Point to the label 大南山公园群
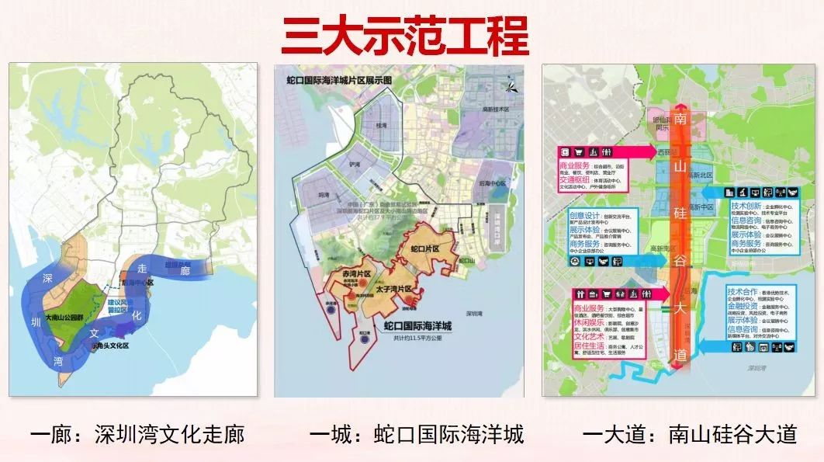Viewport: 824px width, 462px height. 67,318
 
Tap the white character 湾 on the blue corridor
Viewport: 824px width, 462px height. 57,360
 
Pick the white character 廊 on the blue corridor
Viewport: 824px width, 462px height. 185,270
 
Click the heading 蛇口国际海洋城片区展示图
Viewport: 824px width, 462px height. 339,79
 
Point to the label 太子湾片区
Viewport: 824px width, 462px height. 395,290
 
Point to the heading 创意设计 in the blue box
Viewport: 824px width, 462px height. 582,215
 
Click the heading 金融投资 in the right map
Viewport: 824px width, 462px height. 743,307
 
